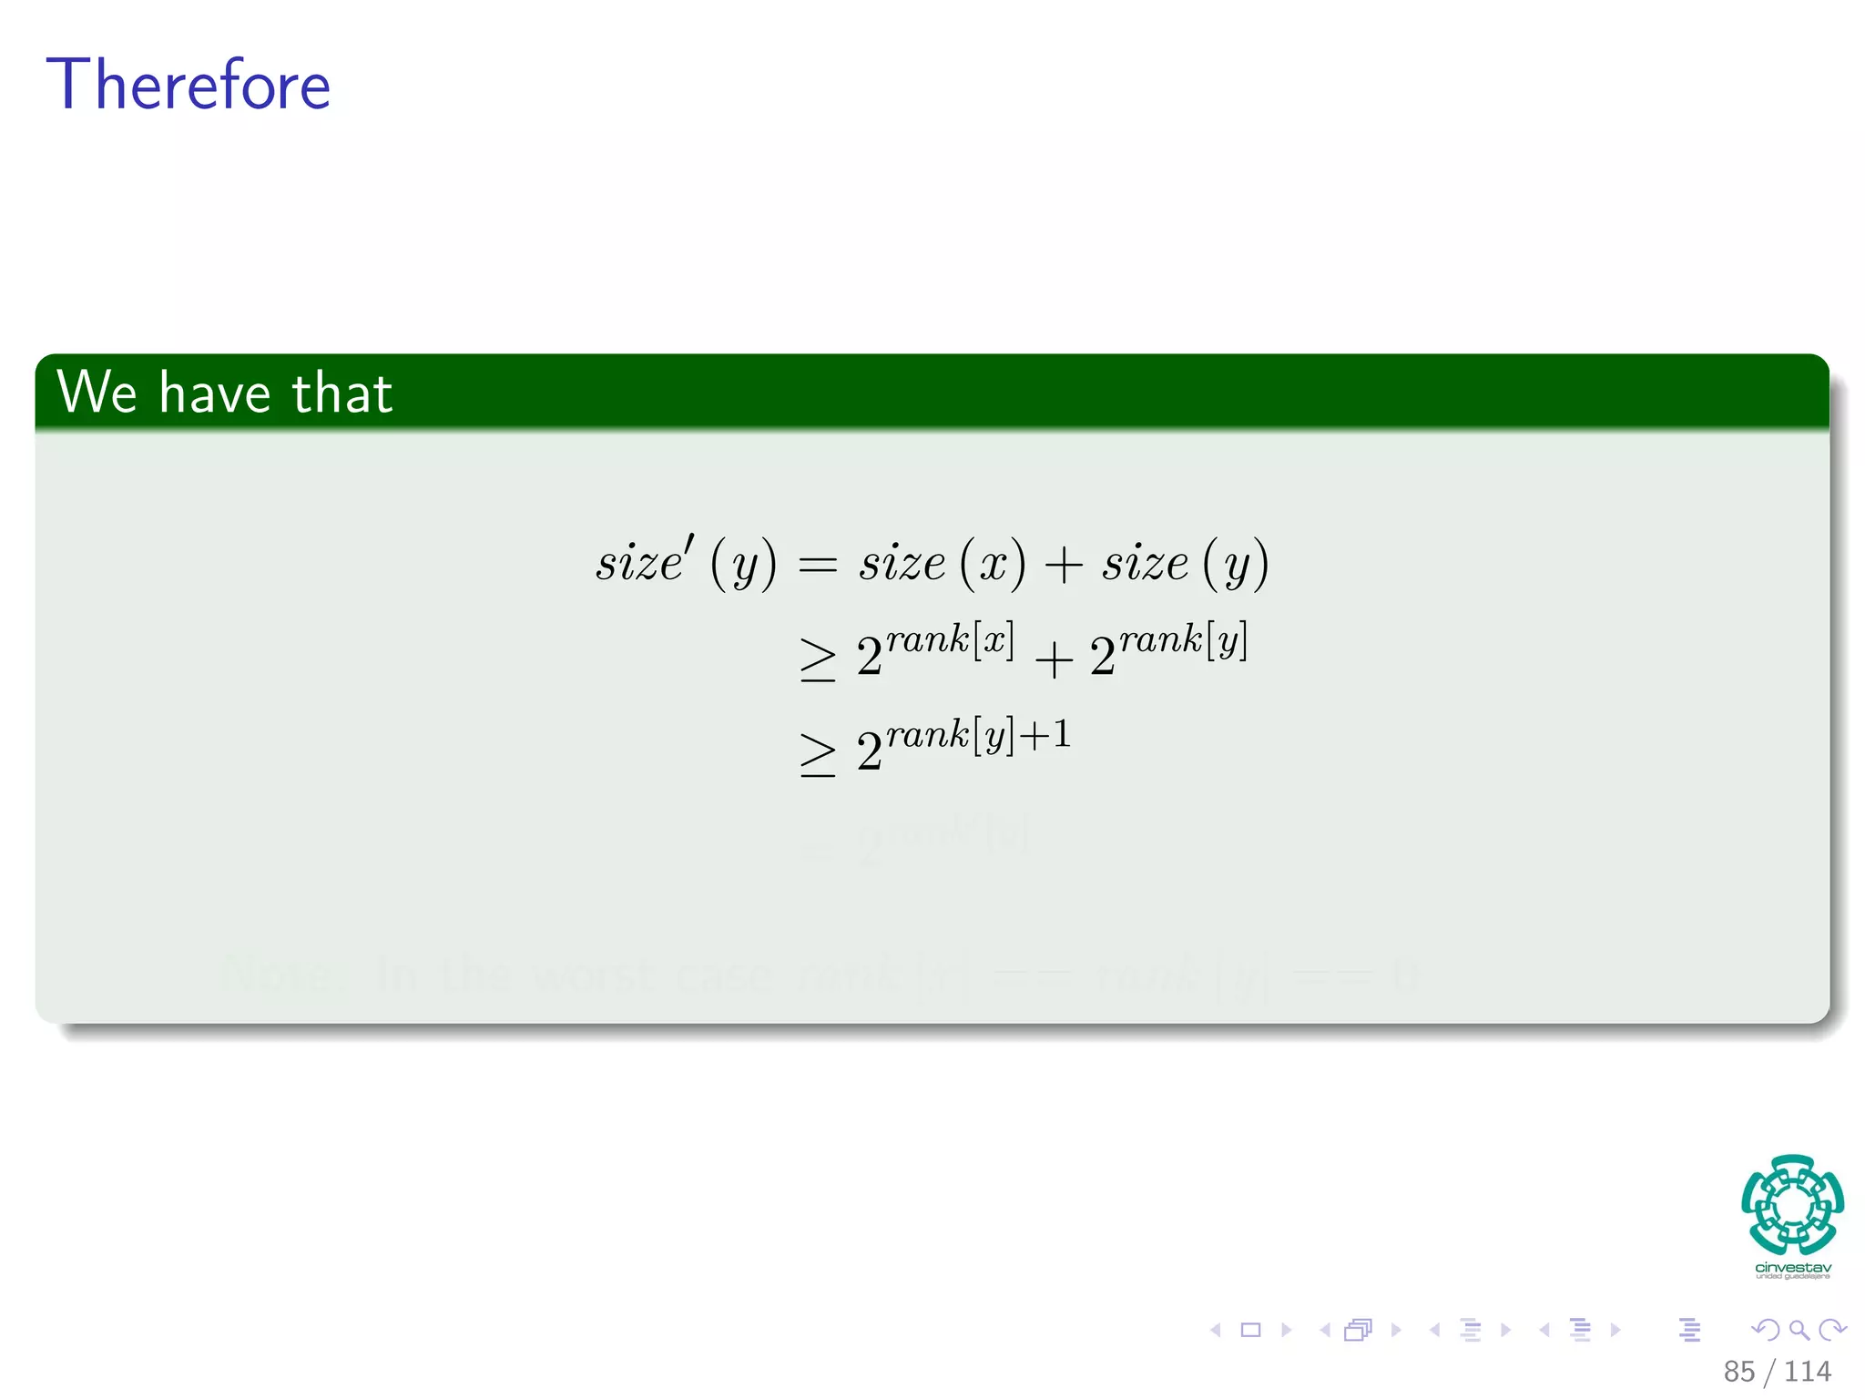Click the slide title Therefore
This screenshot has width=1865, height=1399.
189,85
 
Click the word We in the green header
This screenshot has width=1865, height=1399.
97,393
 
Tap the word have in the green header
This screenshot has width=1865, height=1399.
215,393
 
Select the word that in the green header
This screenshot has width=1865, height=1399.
342,393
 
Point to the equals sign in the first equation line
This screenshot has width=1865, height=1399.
817,566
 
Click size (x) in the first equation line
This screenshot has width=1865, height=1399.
943,562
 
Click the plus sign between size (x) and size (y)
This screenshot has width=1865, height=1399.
1063,565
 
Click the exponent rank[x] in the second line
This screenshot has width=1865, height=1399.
950,640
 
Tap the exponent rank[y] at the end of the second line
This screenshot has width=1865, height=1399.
1183,640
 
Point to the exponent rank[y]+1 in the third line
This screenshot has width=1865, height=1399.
978,734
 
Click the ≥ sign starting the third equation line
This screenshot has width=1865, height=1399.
817,755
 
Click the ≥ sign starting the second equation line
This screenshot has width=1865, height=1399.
817,659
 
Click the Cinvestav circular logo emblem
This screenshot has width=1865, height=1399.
1792,1204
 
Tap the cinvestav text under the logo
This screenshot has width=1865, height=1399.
1792,1267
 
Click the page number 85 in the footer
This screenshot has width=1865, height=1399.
1738,1371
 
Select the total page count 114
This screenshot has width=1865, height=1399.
1807,1371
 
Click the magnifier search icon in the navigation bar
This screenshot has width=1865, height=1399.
1799,1330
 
